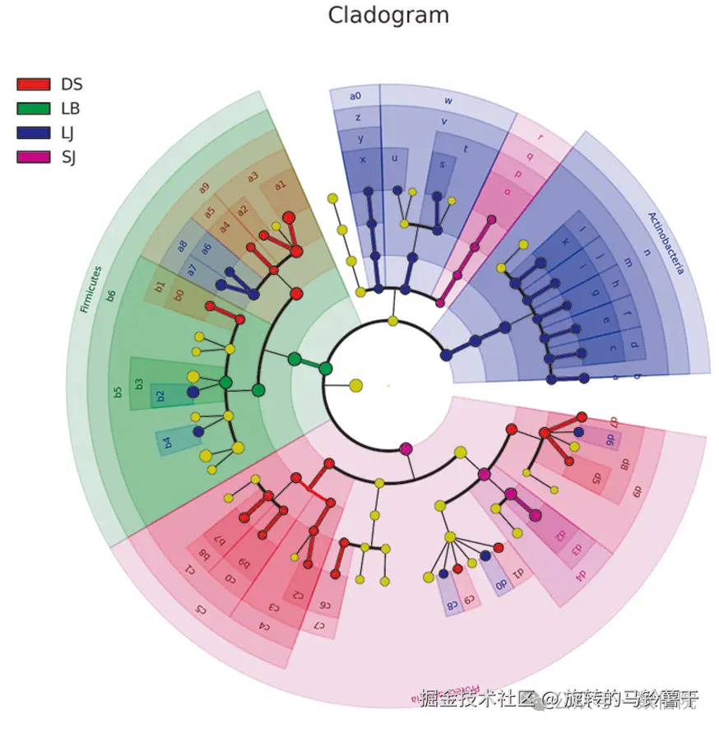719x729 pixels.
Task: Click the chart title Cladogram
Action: pyautogui.click(x=389, y=15)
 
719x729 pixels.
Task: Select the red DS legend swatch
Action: pyautogui.click(x=34, y=84)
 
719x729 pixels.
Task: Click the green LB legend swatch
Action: pyautogui.click(x=34, y=108)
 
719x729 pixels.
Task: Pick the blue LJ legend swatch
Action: pyautogui.click(x=34, y=132)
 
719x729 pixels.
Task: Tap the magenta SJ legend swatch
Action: pyautogui.click(x=34, y=156)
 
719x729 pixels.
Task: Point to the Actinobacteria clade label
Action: pyautogui.click(x=666, y=243)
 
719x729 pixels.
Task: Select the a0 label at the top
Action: pyautogui.click(x=355, y=96)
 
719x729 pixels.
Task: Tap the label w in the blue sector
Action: pyautogui.click(x=448, y=100)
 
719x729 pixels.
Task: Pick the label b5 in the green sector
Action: pyautogui.click(x=118, y=392)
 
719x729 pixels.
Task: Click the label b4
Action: pyautogui.click(x=168, y=443)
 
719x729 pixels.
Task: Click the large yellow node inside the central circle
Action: pyautogui.click(x=355, y=385)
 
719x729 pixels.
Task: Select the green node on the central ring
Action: pyautogui.click(x=326, y=368)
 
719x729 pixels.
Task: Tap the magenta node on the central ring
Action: pyautogui.click(x=406, y=448)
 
